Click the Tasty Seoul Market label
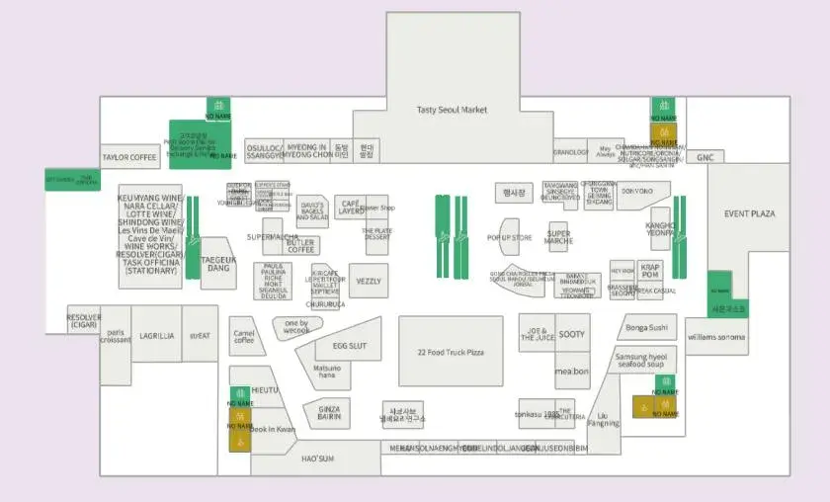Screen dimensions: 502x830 pyautogui.click(x=452, y=110)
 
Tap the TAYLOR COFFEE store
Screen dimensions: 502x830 pyautogui.click(x=129, y=157)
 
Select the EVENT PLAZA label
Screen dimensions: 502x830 pyautogui.click(x=749, y=213)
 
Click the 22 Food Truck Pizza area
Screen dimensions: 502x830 pyautogui.click(x=451, y=352)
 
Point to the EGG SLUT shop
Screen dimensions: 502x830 pyautogui.click(x=349, y=346)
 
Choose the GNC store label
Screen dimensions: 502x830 pyautogui.click(x=705, y=157)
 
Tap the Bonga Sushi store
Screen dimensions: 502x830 pyautogui.click(x=646, y=327)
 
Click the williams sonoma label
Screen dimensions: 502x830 pyautogui.click(x=717, y=337)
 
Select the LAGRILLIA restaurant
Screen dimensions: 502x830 pyautogui.click(x=156, y=337)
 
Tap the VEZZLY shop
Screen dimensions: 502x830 pyautogui.click(x=369, y=282)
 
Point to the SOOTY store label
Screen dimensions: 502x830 pyautogui.click(x=572, y=334)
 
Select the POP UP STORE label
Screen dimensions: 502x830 pyautogui.click(x=509, y=238)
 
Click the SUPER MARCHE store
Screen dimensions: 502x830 pyautogui.click(x=558, y=237)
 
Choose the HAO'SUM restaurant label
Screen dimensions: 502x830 pyautogui.click(x=317, y=459)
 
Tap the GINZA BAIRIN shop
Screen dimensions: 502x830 pyautogui.click(x=329, y=413)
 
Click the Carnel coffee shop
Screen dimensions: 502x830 pyautogui.click(x=243, y=337)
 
